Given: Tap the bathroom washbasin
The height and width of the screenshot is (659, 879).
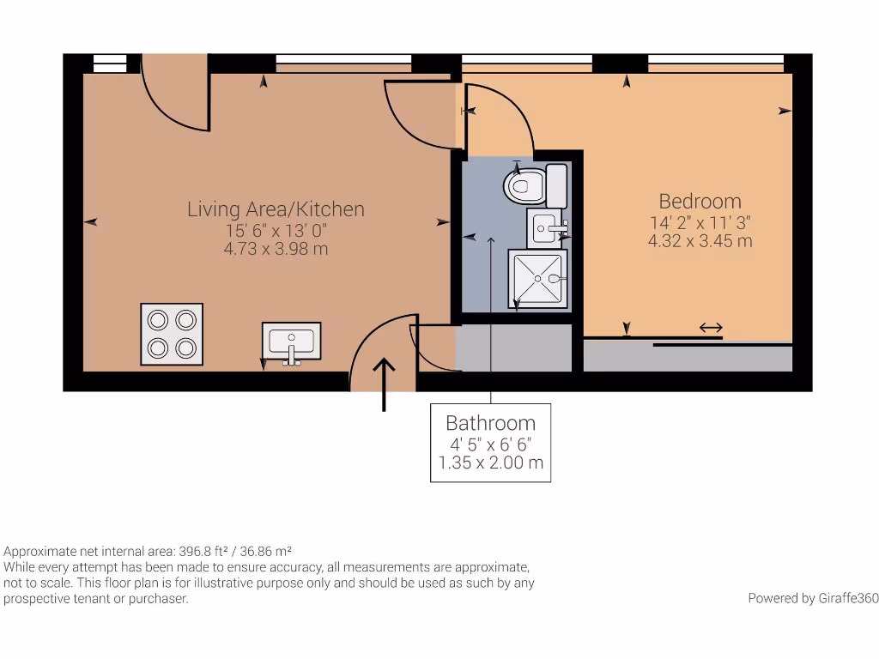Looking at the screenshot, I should tap(546, 228).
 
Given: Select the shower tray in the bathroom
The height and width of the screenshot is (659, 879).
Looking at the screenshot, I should tap(537, 278).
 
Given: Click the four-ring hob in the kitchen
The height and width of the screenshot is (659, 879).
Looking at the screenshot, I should tap(172, 334).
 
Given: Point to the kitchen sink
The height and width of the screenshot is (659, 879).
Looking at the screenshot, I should tap(291, 342).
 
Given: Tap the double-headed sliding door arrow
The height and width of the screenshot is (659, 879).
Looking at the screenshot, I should tap(710, 328).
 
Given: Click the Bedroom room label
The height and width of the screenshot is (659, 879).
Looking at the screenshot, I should tap(700, 202).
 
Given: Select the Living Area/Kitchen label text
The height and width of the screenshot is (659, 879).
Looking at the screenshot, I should tap(276, 209).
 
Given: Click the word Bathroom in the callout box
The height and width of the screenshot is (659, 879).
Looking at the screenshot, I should tap(490, 423).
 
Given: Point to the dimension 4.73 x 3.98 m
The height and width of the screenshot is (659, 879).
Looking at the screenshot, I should tap(276, 250).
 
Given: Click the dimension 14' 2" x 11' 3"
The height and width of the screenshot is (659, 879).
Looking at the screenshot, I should tap(700, 223).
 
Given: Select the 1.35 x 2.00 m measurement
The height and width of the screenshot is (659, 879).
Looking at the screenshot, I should tap(490, 463).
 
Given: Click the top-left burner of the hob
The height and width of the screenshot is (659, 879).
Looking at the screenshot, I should tap(158, 320).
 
